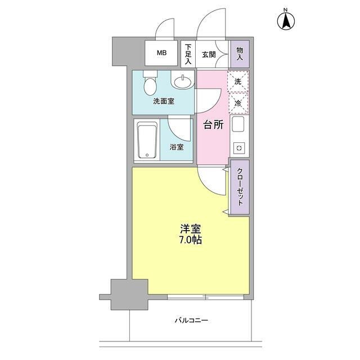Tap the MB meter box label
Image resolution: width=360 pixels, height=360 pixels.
[161, 54]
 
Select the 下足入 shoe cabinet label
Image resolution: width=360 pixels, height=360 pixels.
[188, 55]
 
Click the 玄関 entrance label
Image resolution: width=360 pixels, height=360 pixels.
[209, 54]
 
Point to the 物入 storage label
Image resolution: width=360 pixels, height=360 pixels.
[239, 54]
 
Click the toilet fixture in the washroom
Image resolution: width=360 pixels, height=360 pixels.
[149, 85]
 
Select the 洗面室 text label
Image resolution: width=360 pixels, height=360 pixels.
[163, 102]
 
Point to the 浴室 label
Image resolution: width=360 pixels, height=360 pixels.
[177, 147]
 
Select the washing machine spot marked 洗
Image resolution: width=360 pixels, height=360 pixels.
[238, 82]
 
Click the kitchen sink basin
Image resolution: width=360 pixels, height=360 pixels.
[238, 125]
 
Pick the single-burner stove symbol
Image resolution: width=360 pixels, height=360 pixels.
[238, 148]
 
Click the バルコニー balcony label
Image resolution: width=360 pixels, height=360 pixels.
[191, 321]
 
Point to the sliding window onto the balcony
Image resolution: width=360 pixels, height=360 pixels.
[205, 296]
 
